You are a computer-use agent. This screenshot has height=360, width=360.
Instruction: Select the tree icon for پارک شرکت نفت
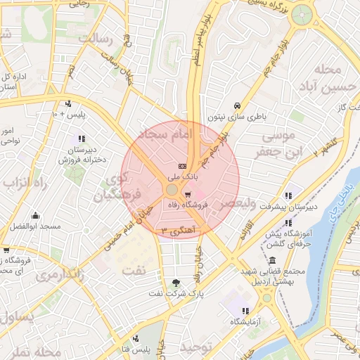[x=175, y=283]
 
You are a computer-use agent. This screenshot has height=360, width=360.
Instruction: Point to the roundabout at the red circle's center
[x=172, y=190]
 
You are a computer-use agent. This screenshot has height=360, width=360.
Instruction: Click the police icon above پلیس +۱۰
[x=68, y=103]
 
